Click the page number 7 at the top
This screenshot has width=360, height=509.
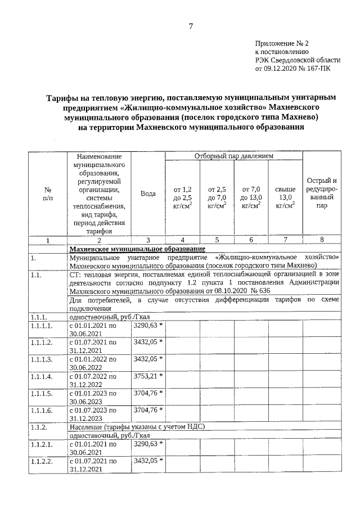(191, 26)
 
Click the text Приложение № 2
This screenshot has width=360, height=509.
(282, 42)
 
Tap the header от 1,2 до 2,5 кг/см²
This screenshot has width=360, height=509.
(183, 197)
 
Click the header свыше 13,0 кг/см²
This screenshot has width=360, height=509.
(285, 197)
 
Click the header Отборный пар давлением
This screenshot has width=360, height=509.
(233, 155)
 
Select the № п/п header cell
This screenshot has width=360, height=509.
(48, 193)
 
